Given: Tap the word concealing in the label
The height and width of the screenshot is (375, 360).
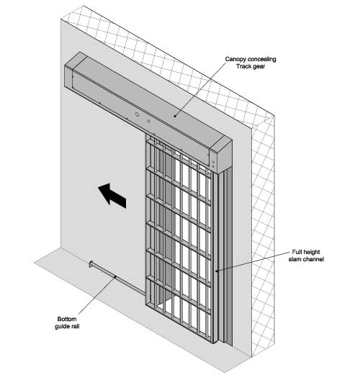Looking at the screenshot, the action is pos(262,59).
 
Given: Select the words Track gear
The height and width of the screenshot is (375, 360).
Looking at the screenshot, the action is pos(251,66).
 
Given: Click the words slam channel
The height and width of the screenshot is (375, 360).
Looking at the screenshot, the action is pos(306,259).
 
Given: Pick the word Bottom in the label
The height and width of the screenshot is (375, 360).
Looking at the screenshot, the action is pos(67,319).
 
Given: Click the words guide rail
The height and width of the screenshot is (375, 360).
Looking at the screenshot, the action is pos(67,326).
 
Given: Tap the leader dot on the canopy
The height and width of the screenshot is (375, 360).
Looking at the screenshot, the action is pos(175,116).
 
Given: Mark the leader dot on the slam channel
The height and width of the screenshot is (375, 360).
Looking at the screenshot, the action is pos(217,271).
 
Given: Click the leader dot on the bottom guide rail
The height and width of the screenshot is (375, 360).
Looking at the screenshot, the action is pos(115,276).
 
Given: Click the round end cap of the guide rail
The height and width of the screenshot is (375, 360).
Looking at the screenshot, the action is pos(91,264).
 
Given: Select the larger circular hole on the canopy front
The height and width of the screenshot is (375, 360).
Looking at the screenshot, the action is pos(137,114).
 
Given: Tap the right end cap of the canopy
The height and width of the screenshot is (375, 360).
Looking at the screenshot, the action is pos(221,155).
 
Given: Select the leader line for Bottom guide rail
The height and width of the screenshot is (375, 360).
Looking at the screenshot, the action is pos(97,295).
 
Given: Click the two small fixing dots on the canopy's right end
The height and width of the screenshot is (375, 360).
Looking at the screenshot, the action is pos(213,164).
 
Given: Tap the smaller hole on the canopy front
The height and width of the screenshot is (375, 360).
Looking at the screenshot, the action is pos(148,121).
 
